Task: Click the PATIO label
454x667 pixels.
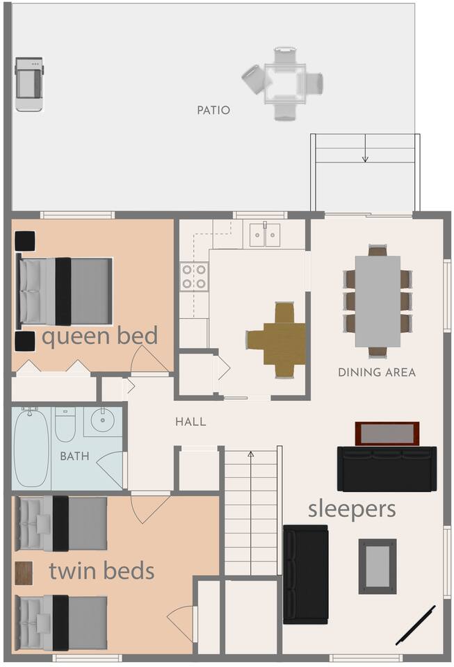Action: [x=213, y=110]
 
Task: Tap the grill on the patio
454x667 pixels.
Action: [x=29, y=84]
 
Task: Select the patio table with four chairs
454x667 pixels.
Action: [x=283, y=83]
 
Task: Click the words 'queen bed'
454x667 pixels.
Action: [x=100, y=336]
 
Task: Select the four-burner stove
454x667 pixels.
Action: [x=194, y=277]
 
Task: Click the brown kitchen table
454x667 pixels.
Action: [x=277, y=340]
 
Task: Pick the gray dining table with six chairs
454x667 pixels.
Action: [x=378, y=300]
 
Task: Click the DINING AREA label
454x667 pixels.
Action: [x=377, y=372]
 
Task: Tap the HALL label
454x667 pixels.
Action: [x=190, y=422]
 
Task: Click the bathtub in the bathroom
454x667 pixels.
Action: [x=31, y=448]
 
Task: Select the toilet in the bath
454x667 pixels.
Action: [x=65, y=425]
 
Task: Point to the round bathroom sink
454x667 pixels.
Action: [x=102, y=420]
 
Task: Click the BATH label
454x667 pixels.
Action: [x=74, y=456]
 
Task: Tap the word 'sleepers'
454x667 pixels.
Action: [x=352, y=509]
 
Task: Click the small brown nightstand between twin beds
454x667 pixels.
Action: [x=24, y=573]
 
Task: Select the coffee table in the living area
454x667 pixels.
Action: [x=378, y=566]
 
